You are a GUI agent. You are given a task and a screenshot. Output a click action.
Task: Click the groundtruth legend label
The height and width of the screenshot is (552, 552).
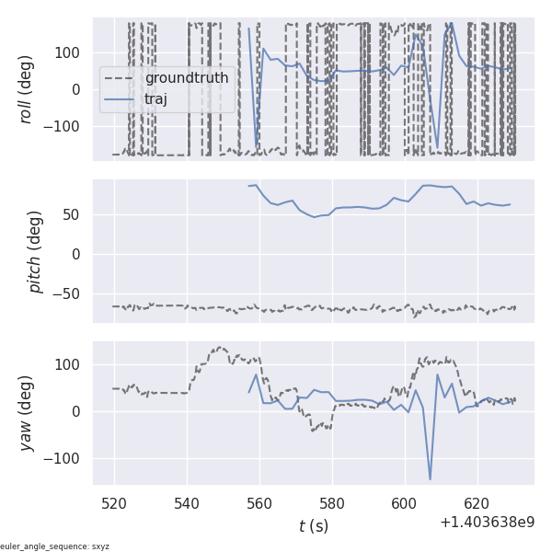coord(186,78)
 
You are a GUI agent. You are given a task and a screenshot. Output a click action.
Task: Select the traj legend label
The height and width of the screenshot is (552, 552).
coord(156,99)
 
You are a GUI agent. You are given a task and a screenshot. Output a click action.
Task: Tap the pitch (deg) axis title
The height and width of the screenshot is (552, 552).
coord(35,251)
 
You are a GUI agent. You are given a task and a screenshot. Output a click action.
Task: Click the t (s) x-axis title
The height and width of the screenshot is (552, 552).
coord(313,526)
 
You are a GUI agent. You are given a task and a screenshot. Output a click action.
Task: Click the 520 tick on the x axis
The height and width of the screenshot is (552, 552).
coord(114,503)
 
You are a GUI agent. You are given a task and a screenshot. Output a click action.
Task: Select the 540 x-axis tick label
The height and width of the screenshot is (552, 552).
coord(187,503)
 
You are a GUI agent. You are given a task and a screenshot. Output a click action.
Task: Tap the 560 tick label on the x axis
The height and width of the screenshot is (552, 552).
coord(259,503)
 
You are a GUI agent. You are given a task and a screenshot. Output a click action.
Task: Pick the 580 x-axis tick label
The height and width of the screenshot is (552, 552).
coord(332,503)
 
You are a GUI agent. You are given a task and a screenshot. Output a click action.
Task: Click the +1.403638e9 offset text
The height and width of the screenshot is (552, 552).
coord(487,523)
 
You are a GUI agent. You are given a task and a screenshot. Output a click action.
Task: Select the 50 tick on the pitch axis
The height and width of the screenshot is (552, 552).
coord(76,215)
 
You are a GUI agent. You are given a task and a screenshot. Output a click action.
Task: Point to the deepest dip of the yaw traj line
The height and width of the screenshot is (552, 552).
coord(430,479)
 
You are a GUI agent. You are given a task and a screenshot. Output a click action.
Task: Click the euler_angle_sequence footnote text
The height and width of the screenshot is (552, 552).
coord(55,546)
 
